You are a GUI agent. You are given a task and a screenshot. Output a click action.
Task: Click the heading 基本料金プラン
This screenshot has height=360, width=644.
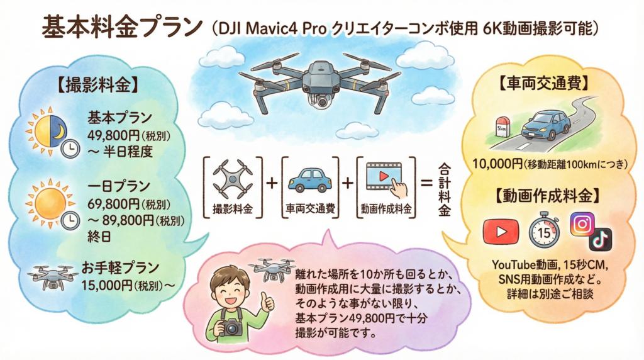tap(123, 28)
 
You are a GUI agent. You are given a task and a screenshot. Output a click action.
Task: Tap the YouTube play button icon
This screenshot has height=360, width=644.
tap(501, 232)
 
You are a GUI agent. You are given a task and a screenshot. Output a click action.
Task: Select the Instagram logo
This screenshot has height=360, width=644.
tap(582, 224)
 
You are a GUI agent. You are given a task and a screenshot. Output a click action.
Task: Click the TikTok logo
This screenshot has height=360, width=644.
tap(601, 239)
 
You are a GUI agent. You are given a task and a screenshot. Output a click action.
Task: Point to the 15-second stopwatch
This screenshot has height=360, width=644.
tap(544, 230)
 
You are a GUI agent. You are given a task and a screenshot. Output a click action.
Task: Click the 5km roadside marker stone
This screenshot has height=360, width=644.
tap(502, 127)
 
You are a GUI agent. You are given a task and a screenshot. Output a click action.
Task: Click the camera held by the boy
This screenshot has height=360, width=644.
tap(231, 327)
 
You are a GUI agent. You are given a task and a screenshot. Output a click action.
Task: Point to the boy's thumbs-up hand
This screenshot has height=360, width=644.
tap(267, 302)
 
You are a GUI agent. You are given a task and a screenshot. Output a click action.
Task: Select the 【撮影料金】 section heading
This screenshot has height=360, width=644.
tap(97, 85)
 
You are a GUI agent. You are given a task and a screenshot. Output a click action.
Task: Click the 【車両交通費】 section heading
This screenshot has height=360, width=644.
tap(544, 84)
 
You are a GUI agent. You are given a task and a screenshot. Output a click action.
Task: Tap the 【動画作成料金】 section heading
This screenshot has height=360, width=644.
tap(547, 196)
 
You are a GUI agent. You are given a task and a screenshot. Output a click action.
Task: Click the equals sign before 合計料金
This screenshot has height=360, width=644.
tap(427, 183)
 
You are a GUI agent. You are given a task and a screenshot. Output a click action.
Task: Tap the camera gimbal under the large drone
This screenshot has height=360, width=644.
tap(322, 101)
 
